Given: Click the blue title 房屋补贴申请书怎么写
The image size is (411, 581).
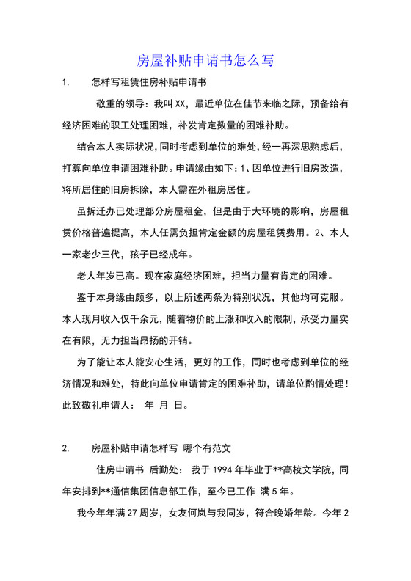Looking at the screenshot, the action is [205, 60].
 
